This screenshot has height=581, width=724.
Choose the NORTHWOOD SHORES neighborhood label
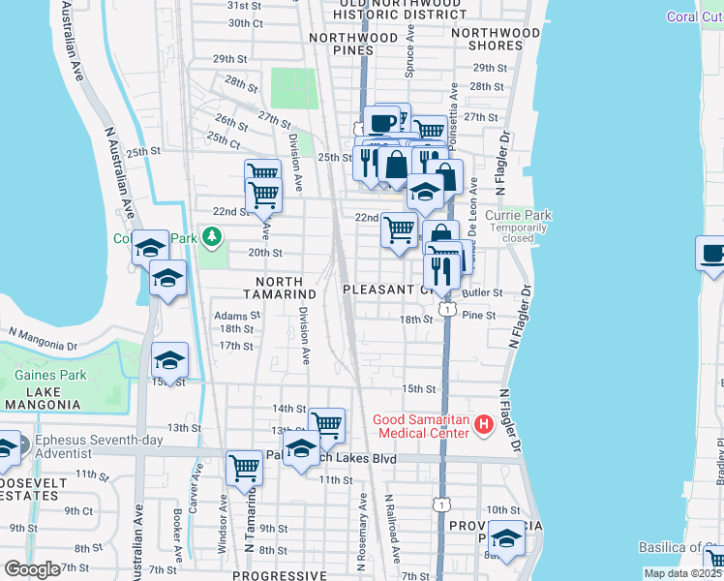pyautogui.click(x=496, y=39)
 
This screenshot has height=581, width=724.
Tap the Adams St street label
pyautogui.click(x=237, y=315)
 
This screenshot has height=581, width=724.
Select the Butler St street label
pyautogui.click(x=483, y=292)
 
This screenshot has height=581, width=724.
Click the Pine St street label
pyautogui.click(x=478, y=315)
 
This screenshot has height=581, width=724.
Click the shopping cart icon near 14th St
pyautogui.click(x=327, y=424)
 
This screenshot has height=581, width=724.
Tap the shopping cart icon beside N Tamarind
pyautogui.click(x=244, y=468)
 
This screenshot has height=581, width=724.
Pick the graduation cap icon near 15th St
pyautogui.click(x=169, y=361)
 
